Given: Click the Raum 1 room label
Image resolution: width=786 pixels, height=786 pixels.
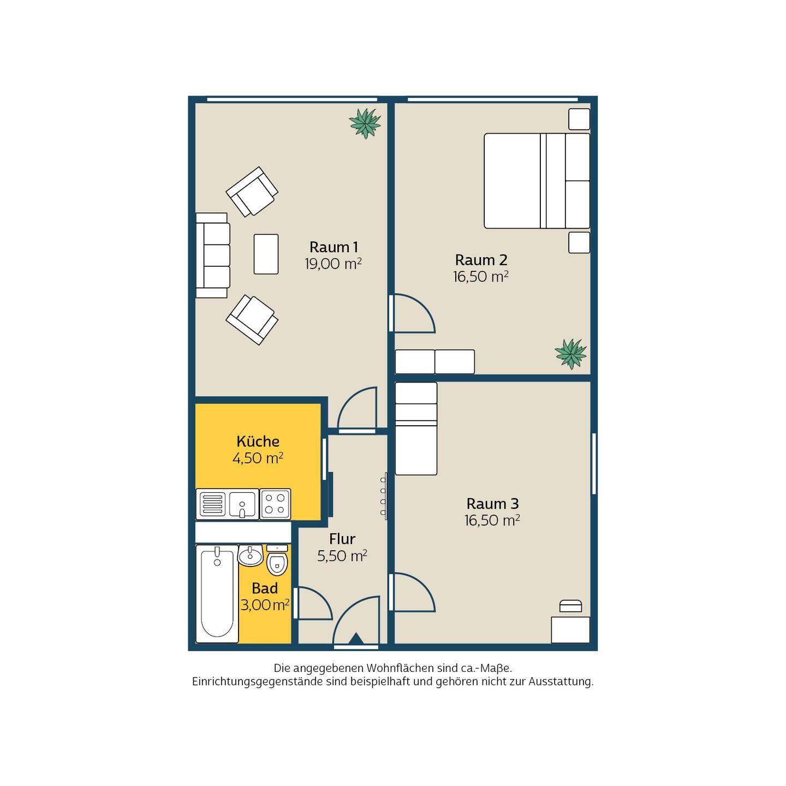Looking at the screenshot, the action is (x=334, y=247).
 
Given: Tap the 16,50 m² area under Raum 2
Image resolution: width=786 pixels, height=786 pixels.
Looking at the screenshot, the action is (x=480, y=277).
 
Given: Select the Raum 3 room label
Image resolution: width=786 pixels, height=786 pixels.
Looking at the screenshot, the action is (x=492, y=504).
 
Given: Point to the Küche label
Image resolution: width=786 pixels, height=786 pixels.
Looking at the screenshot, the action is (x=258, y=442).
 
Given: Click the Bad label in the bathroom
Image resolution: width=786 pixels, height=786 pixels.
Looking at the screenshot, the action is (x=265, y=588).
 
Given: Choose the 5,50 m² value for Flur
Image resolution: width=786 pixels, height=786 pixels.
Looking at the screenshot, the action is (x=342, y=556).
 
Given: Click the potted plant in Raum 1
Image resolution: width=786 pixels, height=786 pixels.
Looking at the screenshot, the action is (x=365, y=123).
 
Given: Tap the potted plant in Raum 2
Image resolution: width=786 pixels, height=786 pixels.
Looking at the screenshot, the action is (x=570, y=354).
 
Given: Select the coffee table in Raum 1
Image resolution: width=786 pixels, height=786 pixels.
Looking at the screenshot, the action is (x=266, y=254).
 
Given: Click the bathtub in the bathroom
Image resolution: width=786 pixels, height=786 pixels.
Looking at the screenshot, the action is (x=217, y=593).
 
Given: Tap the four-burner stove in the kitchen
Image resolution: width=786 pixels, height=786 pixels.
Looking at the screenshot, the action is (x=275, y=504).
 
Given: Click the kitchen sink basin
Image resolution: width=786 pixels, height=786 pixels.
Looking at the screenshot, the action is (x=242, y=504).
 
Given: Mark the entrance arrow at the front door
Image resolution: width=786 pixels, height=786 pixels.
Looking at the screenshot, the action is (x=356, y=639).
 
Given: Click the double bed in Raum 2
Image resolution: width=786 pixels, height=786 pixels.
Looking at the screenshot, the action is (x=537, y=181).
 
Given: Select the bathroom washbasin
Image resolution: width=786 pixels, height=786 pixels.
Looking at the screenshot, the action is (x=251, y=555).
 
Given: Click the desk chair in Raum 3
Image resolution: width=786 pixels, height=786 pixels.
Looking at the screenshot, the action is (x=570, y=606).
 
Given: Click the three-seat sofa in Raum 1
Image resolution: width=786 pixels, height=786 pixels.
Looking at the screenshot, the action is (x=212, y=255).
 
